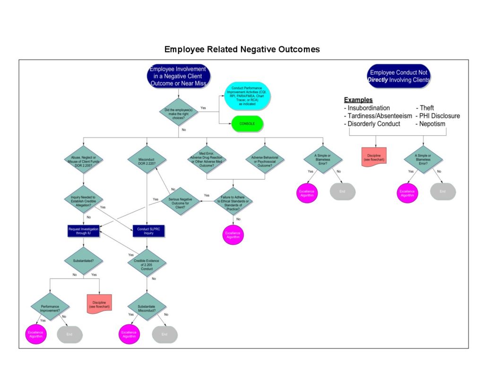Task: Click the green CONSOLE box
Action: point(247,124)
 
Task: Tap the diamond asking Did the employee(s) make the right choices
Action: point(179,112)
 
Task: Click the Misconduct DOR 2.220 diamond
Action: point(147,160)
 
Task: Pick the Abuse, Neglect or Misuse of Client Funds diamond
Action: point(83,160)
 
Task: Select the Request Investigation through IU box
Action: point(83,231)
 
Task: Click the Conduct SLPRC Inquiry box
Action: point(147,231)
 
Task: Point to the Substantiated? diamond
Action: point(83,260)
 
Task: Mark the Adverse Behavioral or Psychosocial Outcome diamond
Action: point(265,160)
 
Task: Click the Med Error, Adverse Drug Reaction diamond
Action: point(207,160)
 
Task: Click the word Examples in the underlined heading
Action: point(358,100)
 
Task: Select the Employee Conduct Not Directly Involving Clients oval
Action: point(399,77)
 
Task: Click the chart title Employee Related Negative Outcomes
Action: point(242,49)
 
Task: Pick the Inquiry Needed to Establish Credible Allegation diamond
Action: point(83,200)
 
